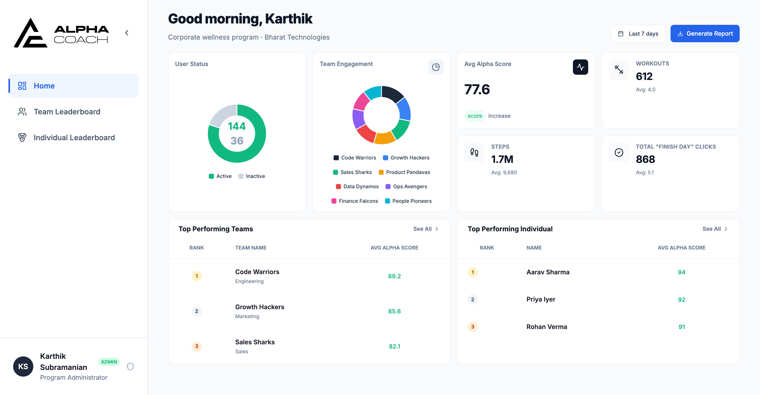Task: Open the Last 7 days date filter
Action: click(638, 34)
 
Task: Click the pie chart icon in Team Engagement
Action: click(436, 67)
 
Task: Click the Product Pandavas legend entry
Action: click(404, 172)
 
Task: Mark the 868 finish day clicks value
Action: click(645, 159)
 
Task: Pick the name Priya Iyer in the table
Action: click(541, 299)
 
